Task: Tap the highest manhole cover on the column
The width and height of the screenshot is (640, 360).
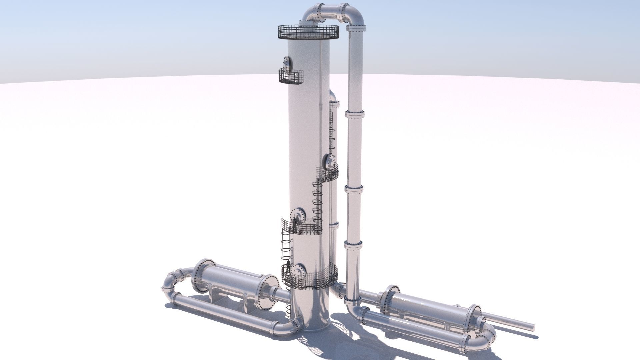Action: click(54, 64)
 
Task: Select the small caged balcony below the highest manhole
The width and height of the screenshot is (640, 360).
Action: click(291, 76)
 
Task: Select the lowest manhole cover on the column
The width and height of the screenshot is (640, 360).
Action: click(299, 270)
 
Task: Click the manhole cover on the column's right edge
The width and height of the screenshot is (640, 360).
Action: click(330, 162)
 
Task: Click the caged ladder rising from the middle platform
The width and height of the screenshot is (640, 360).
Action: click(317, 203)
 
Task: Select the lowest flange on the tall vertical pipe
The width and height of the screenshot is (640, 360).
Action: click(353, 301)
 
